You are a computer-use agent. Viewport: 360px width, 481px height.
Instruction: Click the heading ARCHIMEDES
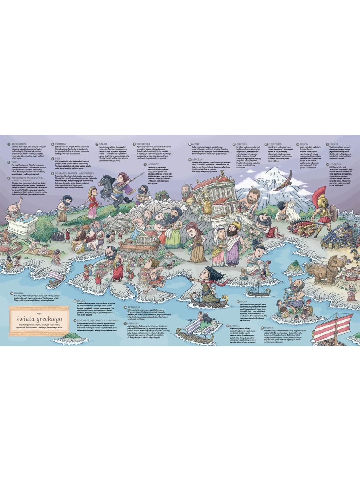click(19, 144)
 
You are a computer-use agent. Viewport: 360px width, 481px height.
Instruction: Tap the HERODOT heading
click(153, 164)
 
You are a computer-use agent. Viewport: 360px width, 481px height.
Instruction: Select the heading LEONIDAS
click(335, 164)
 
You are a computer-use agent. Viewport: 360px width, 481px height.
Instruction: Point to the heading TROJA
click(243, 302)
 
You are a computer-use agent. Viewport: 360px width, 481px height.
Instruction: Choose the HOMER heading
click(268, 328)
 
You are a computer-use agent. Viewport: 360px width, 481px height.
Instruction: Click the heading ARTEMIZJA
click(134, 308)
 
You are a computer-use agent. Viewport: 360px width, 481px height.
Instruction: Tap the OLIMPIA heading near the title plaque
click(19, 293)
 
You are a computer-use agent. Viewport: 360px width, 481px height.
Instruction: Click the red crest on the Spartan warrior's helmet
click(319, 195)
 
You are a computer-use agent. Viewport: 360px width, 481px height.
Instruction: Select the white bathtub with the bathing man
click(23, 223)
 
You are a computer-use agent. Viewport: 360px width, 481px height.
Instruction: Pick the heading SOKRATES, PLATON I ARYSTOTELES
click(74, 173)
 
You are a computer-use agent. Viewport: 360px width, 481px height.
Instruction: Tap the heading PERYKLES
click(241, 144)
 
